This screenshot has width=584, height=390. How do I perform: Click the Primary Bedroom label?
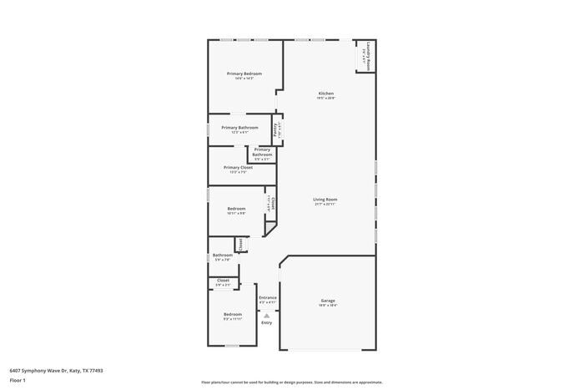244,73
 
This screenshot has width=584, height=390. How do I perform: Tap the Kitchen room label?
325,93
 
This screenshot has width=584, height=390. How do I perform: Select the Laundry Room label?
365,56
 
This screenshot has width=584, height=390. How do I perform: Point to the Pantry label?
276,130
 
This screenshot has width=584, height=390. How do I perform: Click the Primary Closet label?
238,167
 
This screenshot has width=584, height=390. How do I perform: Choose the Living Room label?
325,200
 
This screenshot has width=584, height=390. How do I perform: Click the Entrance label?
267,297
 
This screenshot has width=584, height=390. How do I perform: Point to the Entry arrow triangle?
267,315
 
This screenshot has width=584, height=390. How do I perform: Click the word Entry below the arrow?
267,322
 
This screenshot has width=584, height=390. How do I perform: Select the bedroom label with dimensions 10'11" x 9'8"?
236,209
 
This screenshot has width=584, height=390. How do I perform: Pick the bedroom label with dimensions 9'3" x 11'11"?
232,314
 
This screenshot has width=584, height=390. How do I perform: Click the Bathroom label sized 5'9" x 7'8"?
222,256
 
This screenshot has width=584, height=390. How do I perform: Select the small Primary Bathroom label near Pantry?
262,152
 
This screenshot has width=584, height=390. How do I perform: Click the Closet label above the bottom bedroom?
223,281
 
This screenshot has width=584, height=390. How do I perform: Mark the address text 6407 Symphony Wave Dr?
56,370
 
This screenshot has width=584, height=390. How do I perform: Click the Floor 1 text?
18,380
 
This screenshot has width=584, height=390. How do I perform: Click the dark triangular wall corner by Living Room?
269,227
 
